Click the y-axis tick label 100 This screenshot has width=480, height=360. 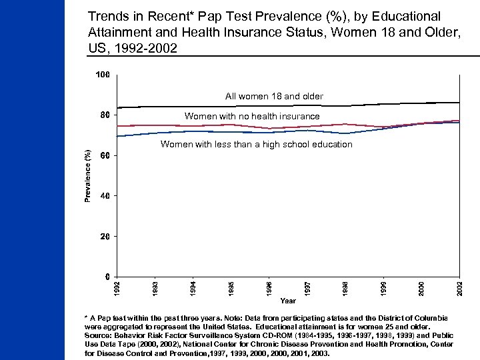tap(102, 75)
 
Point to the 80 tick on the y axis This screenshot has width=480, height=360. tap(104, 115)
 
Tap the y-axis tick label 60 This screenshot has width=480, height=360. tap(104, 155)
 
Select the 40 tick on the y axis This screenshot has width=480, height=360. tap(104, 196)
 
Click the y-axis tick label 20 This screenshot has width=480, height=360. tap(104, 236)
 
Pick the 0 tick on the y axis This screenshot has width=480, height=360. tap(107, 276)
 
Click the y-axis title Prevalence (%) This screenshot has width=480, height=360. tap(87, 175)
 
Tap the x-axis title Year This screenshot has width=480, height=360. tap(288, 301)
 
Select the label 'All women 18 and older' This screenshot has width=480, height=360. tap(274, 97)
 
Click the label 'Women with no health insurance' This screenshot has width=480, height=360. tap(252, 117)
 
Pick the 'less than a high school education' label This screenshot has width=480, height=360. tap(257, 145)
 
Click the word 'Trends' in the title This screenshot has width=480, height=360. tap(105, 15)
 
